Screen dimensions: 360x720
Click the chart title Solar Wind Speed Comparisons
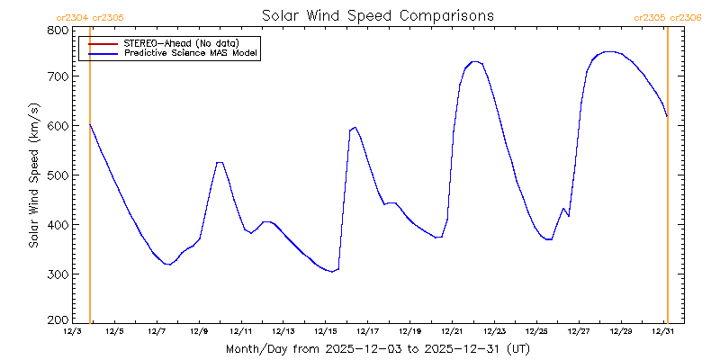click(x=377, y=16)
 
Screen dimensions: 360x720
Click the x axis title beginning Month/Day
click(x=377, y=348)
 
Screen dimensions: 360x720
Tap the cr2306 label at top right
click(x=686, y=17)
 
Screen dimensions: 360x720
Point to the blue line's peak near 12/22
click(x=475, y=62)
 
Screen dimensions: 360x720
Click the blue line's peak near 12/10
click(x=219, y=163)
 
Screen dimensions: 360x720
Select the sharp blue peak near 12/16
click(x=355, y=128)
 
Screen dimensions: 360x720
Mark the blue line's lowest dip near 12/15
click(x=332, y=271)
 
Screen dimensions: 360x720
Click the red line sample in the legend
click(x=103, y=42)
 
